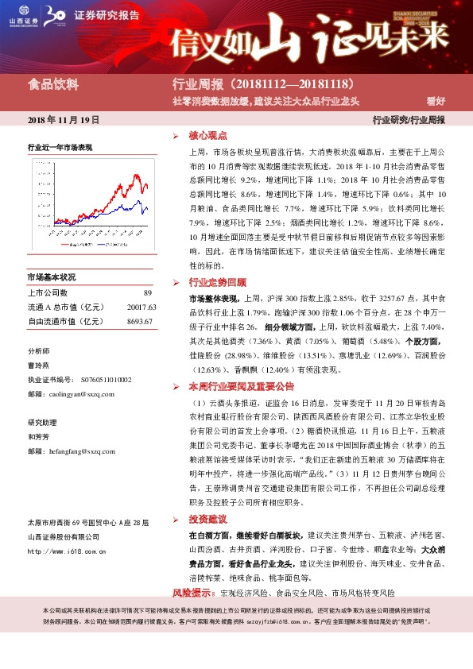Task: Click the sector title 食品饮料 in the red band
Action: (x=53, y=84)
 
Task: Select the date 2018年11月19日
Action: (x=64, y=120)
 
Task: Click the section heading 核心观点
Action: (x=207, y=136)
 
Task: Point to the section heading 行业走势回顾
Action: (x=217, y=282)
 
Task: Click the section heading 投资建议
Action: (x=207, y=517)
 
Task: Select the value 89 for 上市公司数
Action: (x=147, y=293)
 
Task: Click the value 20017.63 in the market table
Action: (x=141, y=307)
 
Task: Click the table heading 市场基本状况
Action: (x=51, y=277)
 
